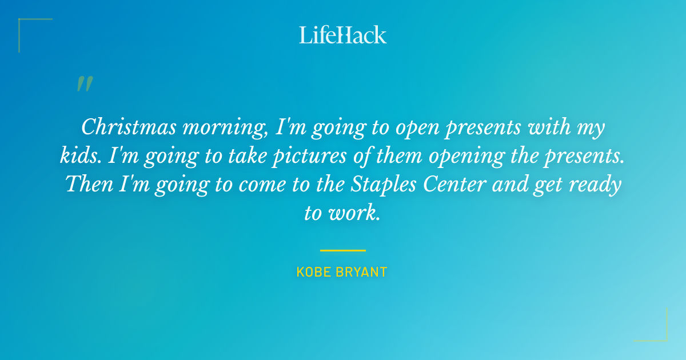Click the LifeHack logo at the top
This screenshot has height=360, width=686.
point(343,35)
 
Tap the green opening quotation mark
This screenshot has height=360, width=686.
point(85,85)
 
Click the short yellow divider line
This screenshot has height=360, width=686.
point(342,250)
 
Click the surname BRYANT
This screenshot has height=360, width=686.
point(361,272)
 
